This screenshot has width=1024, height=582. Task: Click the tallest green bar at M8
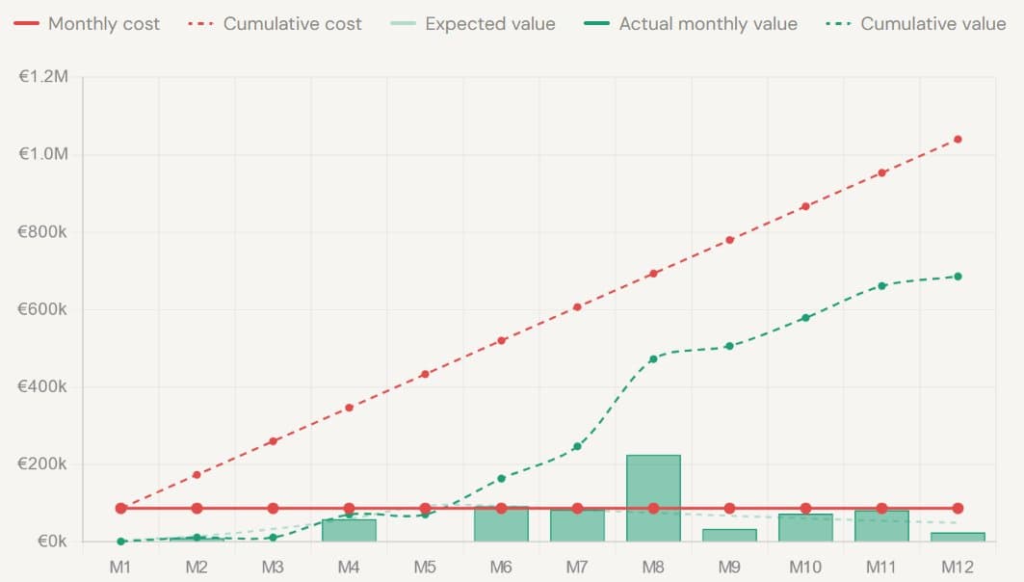(x=653, y=497)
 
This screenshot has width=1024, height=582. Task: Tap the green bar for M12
(x=958, y=537)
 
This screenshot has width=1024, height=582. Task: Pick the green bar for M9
(x=729, y=535)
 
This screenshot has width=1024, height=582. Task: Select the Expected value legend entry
(x=477, y=24)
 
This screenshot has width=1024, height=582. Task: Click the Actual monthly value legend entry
(x=694, y=24)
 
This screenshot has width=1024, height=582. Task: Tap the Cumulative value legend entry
(x=918, y=24)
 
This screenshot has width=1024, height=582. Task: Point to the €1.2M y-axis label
(x=43, y=77)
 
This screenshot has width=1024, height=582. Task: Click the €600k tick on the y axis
(x=43, y=309)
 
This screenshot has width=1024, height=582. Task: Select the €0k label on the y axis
(x=49, y=542)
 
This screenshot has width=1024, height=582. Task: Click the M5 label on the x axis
(x=425, y=567)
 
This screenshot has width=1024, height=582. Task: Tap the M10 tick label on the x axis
(x=805, y=567)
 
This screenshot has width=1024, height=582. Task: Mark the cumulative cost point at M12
(x=958, y=139)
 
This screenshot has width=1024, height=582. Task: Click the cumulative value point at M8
(x=653, y=358)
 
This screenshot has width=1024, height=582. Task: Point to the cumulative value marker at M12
(x=958, y=277)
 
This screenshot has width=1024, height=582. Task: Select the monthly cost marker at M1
(x=120, y=508)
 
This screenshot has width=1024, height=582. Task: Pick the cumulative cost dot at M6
(x=501, y=340)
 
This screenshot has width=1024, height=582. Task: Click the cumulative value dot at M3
(x=273, y=538)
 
